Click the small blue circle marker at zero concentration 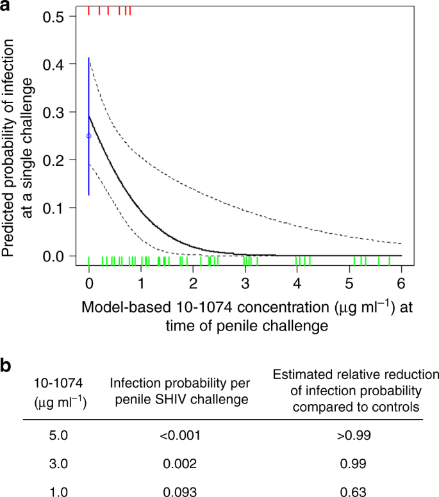pyautogui.click(x=89, y=136)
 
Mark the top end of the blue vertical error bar pyautogui.click(x=89, y=58)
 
